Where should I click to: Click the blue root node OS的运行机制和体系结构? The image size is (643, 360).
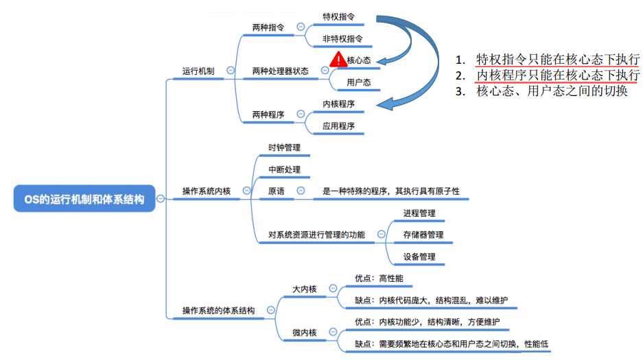coord(84,200)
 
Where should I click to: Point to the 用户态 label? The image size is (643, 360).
coord(359,82)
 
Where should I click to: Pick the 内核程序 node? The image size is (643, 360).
coord(339,104)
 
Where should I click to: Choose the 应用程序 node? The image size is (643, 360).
coord(339,126)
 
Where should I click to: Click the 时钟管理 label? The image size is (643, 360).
coord(284,147)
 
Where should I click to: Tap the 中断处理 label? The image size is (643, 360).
coord(284,169)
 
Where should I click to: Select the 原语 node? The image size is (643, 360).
coord(277,191)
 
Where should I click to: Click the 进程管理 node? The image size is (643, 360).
coord(419,213)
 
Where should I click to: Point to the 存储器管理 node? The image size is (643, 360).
coord(423,235)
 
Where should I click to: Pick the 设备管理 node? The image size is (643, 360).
coord(419,257)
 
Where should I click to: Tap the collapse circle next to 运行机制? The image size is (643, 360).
coord(230,70)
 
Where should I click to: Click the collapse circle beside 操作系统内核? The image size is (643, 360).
coord(246,191)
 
